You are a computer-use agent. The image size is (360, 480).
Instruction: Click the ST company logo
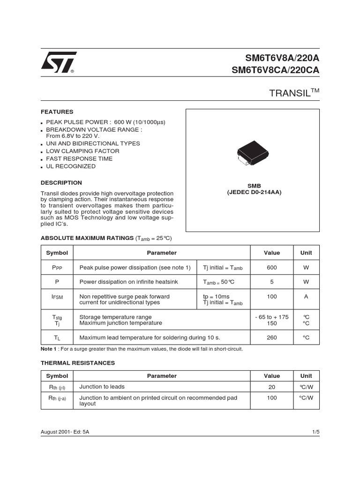click(58, 63)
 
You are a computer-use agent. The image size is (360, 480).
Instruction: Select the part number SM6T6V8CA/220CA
click(275, 70)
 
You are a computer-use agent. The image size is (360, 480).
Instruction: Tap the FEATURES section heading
click(57, 112)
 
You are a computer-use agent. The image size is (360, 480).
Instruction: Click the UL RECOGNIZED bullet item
click(70, 166)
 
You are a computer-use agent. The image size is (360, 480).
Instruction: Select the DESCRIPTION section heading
click(61, 183)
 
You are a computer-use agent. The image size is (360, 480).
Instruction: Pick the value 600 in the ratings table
click(272, 268)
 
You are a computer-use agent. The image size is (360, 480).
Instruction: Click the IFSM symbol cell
click(57, 297)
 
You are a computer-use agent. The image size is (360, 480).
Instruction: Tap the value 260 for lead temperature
click(272, 337)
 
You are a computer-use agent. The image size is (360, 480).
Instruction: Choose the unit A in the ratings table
click(306, 297)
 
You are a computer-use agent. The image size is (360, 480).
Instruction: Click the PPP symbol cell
click(57, 268)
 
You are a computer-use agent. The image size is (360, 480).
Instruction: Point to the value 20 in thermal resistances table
click(272, 388)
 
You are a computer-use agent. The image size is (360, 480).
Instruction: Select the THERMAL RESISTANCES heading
click(77, 363)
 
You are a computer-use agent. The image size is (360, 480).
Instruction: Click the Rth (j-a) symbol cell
click(57, 398)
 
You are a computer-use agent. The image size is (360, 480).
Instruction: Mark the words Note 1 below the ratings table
click(49, 349)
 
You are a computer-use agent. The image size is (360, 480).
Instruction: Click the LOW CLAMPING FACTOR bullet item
click(82, 151)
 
